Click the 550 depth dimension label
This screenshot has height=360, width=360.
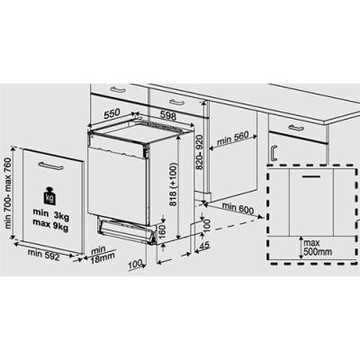(x=112, y=114)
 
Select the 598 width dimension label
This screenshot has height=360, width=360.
(x=168, y=115)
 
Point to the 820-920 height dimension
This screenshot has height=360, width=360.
(x=200, y=152)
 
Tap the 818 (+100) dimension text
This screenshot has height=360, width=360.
(x=173, y=184)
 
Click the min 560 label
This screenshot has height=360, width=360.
(x=233, y=139)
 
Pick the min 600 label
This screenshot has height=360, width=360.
(x=238, y=208)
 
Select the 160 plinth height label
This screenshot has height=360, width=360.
(x=162, y=231)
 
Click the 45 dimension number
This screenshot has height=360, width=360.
(x=204, y=246)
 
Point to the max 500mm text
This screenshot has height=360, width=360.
(x=318, y=247)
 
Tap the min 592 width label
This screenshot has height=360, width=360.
(x=44, y=255)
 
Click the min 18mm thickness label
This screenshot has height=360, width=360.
(x=103, y=255)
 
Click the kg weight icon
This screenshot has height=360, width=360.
(x=49, y=196)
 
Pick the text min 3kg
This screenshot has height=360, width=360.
(x=50, y=214)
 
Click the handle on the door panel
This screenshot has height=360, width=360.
(x=50, y=166)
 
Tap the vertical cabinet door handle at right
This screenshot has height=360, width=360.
(x=274, y=153)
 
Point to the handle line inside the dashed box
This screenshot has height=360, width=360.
(x=311, y=177)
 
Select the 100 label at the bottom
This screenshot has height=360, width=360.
(x=135, y=265)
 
